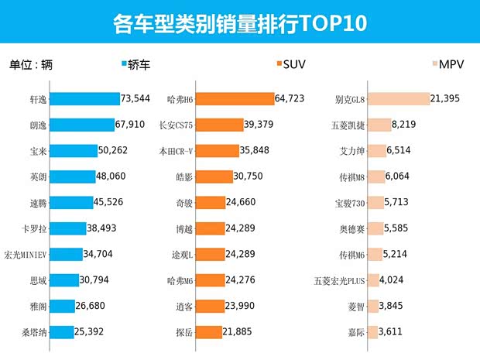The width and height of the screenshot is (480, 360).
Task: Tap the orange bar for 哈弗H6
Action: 235,99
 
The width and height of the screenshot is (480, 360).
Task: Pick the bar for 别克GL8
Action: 398,99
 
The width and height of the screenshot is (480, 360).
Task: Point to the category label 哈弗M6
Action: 180,280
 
